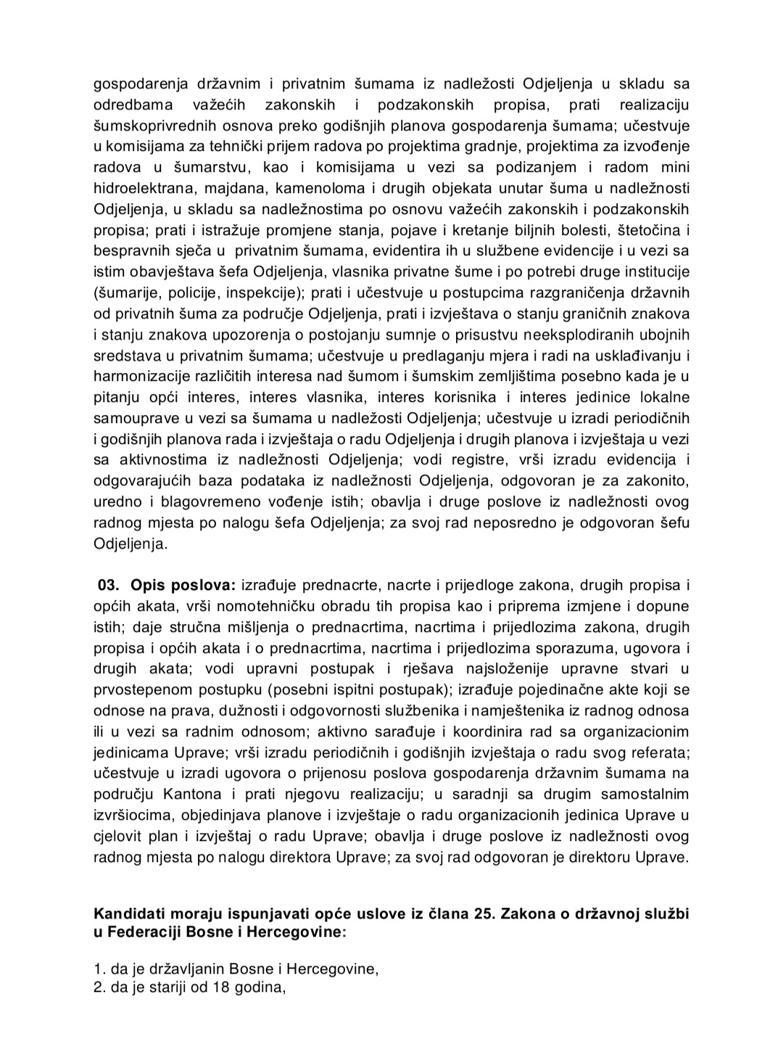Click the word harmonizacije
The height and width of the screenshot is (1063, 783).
139,377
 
